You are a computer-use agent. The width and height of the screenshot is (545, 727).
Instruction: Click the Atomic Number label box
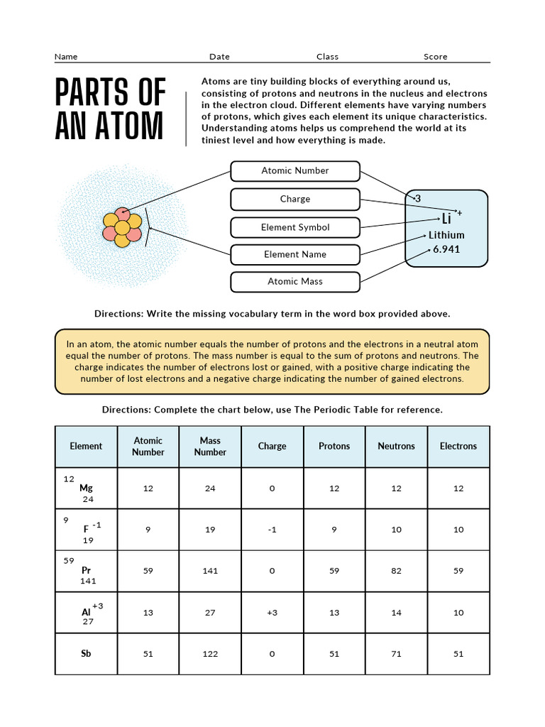point(294,171)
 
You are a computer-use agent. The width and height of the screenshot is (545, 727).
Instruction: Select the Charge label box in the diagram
point(294,199)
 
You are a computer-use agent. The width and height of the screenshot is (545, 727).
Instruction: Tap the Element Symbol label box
point(294,228)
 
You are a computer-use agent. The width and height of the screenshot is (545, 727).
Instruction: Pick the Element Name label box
point(294,255)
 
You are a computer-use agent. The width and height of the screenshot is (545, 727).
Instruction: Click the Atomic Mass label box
point(294,282)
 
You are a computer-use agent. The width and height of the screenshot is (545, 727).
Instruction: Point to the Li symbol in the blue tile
point(446,219)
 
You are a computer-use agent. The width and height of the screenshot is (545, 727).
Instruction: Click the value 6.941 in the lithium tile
point(446,249)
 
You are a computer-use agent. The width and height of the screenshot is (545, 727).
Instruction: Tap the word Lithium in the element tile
point(446,235)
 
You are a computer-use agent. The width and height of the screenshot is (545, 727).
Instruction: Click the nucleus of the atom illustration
point(122,228)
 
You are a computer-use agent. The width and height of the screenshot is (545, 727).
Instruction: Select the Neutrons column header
point(396,447)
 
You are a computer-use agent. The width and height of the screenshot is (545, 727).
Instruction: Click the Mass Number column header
point(210,447)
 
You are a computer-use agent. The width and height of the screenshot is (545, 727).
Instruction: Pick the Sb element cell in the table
point(86,654)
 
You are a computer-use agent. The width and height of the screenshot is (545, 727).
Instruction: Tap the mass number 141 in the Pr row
point(210,571)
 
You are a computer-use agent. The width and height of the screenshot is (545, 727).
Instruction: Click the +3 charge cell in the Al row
point(272,613)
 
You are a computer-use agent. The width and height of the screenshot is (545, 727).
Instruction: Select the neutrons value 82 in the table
point(396,571)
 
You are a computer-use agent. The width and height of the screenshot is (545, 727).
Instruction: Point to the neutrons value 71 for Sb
point(396,654)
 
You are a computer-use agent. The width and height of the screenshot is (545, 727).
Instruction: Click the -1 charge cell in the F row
point(272,530)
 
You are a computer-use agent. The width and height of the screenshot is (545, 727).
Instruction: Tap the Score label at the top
point(435,57)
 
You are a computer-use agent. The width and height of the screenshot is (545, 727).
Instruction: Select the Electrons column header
point(458,447)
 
